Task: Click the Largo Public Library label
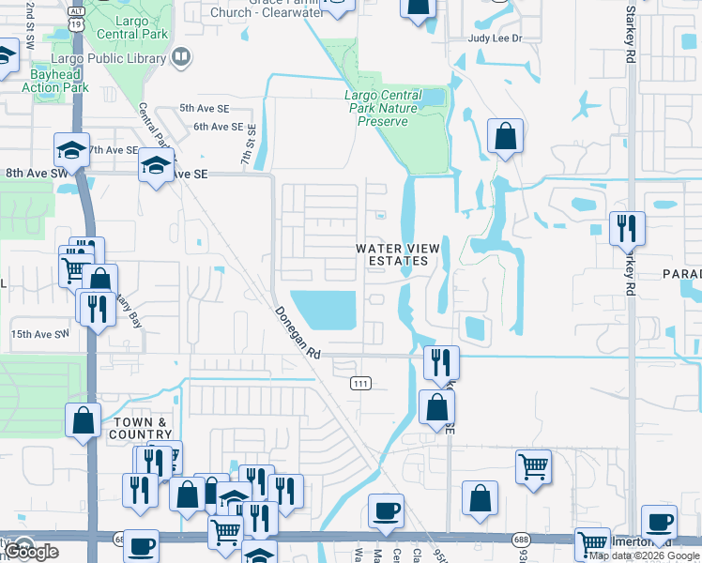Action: (x=118, y=58)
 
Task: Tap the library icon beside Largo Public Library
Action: (x=180, y=58)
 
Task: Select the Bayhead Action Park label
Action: (x=54, y=80)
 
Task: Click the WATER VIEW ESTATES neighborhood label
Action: (x=397, y=254)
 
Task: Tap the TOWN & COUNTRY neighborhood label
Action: (x=142, y=429)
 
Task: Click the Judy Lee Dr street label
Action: (x=494, y=38)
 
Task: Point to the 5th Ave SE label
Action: (x=205, y=108)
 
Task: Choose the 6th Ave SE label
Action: (x=218, y=127)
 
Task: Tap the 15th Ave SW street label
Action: (x=40, y=334)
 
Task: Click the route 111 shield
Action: (x=360, y=383)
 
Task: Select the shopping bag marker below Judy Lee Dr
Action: (x=506, y=138)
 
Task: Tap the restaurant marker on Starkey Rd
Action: (x=626, y=228)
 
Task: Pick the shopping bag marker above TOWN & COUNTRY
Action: (x=83, y=419)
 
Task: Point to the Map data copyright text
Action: (x=643, y=555)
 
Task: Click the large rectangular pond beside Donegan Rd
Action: (x=324, y=310)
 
